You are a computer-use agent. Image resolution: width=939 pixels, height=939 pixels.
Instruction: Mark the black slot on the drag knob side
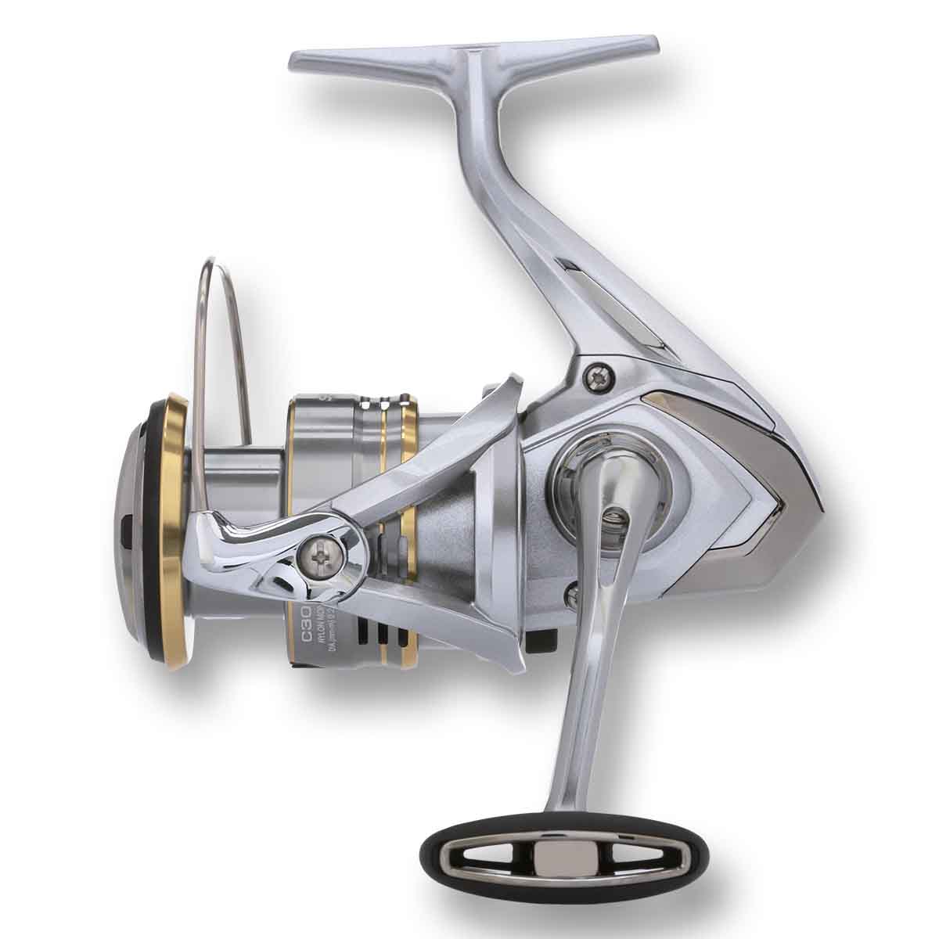[x=125, y=534]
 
